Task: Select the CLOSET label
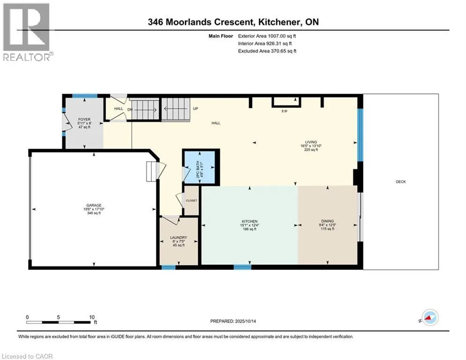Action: (192, 201)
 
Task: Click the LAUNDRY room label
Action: (178, 237)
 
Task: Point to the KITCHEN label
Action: (250, 221)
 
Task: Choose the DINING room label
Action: (327, 221)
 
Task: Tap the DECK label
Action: (400, 181)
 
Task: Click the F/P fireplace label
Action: (284, 112)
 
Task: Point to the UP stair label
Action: (195, 108)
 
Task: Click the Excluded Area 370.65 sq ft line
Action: (267, 51)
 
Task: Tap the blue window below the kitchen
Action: (242, 267)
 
